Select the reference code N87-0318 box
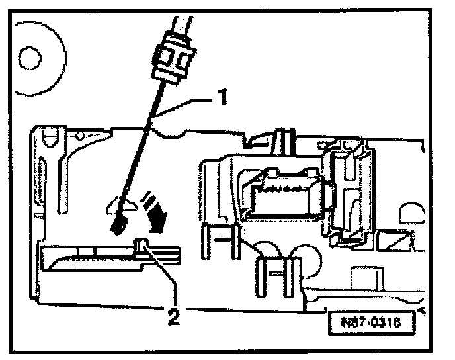pyautogui.click(x=368, y=324)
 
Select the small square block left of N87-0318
pyautogui.click(x=361, y=278)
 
